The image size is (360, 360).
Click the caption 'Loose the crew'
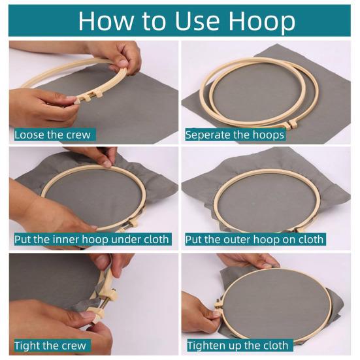pos(53,135)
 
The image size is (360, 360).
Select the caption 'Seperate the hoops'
pos(235,135)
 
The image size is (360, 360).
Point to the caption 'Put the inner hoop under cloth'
pos(92,239)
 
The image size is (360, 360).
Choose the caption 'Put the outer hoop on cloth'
pos(254,239)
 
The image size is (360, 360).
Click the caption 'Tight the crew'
pos(50,345)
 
